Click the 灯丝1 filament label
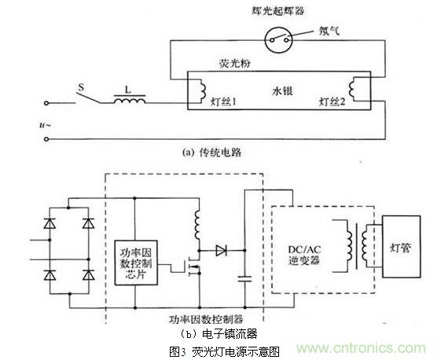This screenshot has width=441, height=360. tap(205, 103)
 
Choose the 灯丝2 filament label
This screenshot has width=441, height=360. tap(333, 103)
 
